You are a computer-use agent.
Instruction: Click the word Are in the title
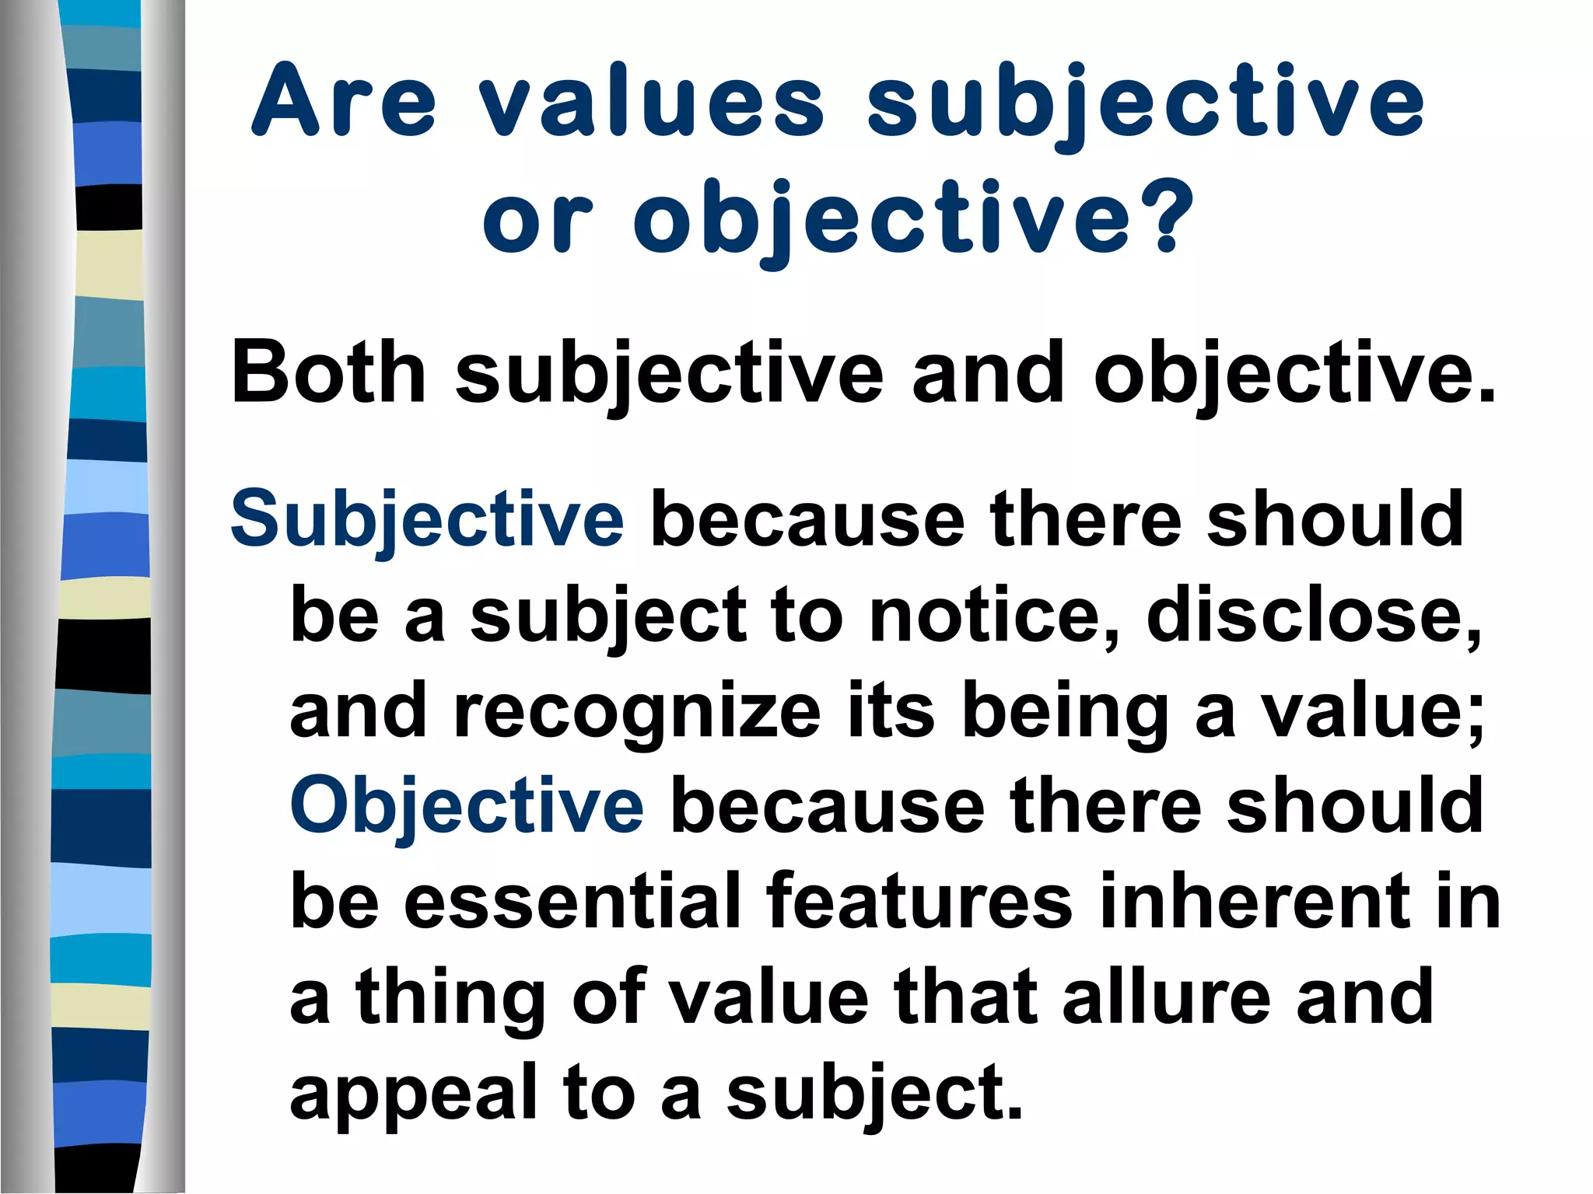(x=344, y=101)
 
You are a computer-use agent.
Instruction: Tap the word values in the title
(x=650, y=101)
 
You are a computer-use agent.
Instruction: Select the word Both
(x=327, y=372)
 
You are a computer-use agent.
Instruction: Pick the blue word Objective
(x=467, y=806)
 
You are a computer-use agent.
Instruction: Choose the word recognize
(x=637, y=712)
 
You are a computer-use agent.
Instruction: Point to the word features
(x=919, y=902)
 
